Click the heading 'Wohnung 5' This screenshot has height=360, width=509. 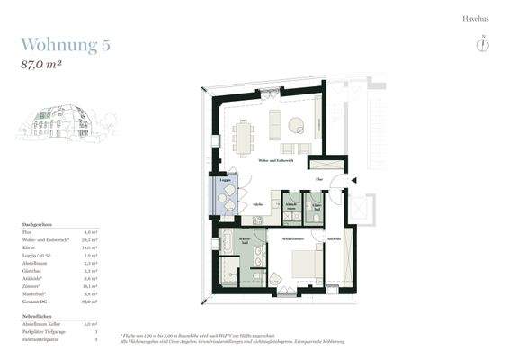(x=66, y=46)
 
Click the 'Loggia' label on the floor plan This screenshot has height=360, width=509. (x=225, y=180)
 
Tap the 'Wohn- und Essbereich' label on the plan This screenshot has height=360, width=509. (x=275, y=160)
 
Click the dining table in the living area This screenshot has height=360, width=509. (x=243, y=137)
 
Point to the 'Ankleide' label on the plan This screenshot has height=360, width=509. (x=334, y=238)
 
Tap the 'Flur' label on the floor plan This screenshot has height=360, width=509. (x=317, y=180)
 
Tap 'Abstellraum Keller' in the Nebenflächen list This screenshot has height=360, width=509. (x=41, y=322)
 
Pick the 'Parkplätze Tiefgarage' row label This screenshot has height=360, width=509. (x=43, y=331)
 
